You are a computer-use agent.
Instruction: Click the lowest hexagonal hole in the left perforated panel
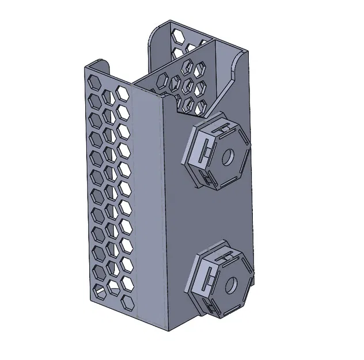tap(128, 301)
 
